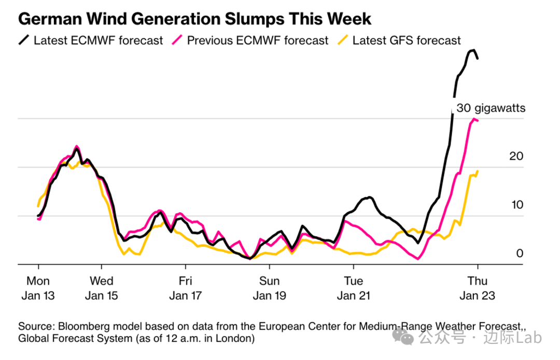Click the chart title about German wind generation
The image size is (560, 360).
(x=195, y=19)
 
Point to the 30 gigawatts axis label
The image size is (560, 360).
(x=491, y=108)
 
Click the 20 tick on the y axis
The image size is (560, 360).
(x=517, y=157)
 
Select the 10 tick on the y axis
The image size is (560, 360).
(x=517, y=205)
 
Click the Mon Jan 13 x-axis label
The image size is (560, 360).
(x=38, y=288)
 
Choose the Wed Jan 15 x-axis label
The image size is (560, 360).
(x=101, y=288)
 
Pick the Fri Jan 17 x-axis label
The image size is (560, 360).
(x=185, y=288)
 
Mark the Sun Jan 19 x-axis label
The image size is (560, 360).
(x=269, y=288)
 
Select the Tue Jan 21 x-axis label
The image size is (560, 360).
(x=353, y=288)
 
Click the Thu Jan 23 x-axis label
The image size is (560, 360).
(x=477, y=288)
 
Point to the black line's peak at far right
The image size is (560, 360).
(x=473, y=50)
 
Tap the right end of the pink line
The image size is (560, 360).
(x=477, y=121)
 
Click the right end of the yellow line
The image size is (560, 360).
(x=477, y=171)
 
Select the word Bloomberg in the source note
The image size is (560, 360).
(x=81, y=327)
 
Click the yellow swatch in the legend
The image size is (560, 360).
(x=343, y=40)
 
